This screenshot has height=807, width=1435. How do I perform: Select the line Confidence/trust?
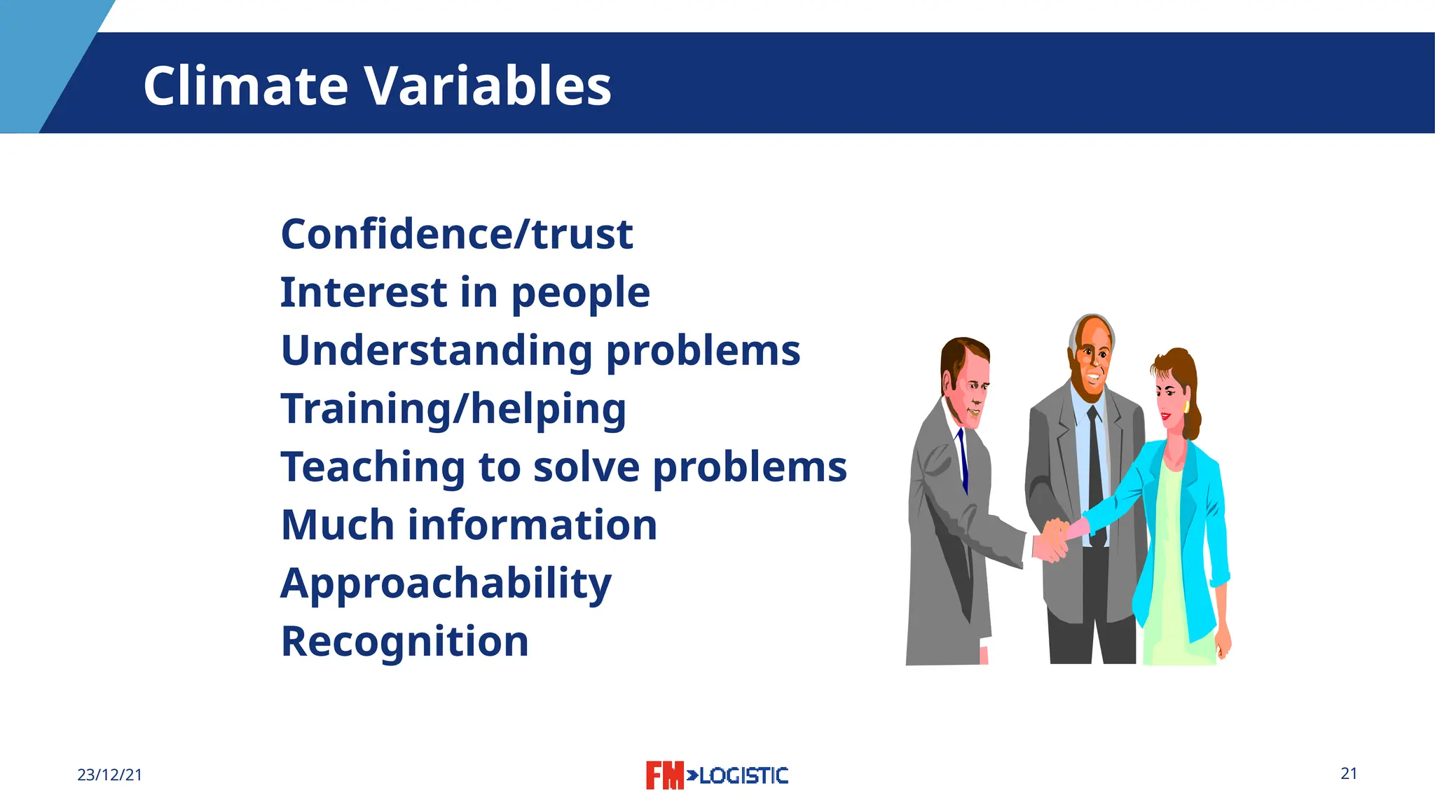tap(456, 234)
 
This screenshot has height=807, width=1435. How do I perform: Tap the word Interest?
tap(363, 292)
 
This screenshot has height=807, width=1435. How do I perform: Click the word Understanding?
tap(436, 351)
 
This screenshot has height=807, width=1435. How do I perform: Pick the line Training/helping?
tap(453, 409)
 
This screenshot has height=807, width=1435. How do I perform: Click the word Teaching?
tap(372, 467)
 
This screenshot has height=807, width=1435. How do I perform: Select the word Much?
tap(337, 525)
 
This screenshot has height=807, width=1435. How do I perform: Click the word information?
tap(532, 525)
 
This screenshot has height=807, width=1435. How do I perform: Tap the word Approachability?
tap(446, 584)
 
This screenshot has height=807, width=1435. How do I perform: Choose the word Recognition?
tap(404, 642)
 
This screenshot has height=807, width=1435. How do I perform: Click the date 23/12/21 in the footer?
tap(109, 775)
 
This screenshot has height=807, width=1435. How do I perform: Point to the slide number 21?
tap(1349, 773)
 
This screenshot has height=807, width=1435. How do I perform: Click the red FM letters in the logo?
tap(664, 775)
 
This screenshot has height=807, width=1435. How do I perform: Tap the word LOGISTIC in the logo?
tap(743, 775)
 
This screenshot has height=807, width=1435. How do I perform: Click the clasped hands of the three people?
tap(1053, 539)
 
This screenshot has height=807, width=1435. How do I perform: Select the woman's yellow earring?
tap(1186, 407)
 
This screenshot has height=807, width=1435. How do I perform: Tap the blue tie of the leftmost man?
tap(963, 459)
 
